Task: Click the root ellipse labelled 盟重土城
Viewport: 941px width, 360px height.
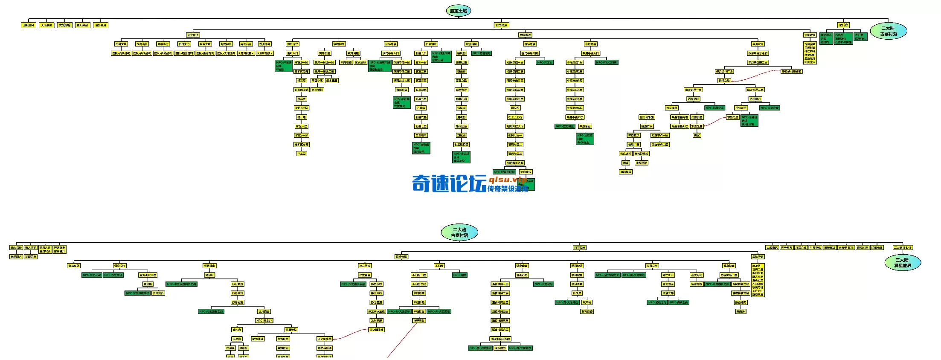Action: (459, 11)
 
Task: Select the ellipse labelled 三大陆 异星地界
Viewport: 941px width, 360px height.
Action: (903, 263)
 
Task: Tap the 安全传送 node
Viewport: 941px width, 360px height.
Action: (193, 35)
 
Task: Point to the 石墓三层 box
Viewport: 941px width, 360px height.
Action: (421, 81)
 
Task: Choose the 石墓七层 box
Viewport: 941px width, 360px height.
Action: (421, 126)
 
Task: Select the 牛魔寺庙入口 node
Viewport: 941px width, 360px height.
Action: (591, 53)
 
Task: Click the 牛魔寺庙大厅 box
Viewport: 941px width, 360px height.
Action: (575, 117)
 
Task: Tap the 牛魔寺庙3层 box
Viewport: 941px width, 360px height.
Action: (575, 81)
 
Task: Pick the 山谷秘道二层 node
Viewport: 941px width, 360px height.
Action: (755, 90)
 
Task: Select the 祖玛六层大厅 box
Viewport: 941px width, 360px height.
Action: (515, 126)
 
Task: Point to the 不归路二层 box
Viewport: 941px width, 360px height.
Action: (419, 284)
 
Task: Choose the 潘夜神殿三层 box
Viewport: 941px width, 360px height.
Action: (500, 302)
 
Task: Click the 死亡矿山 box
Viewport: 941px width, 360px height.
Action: (668, 275)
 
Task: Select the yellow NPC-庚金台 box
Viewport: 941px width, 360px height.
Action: (264, 321)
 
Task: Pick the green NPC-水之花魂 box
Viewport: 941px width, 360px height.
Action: (92, 275)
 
